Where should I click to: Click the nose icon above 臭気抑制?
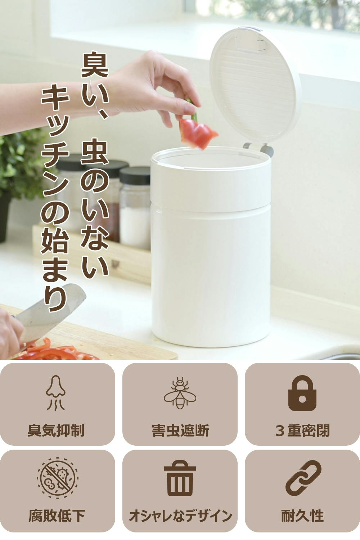click(x=56, y=393)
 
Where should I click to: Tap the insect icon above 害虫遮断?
click(x=180, y=393)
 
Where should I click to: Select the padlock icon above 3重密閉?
click(x=302, y=393)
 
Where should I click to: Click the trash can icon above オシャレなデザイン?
click(x=180, y=478)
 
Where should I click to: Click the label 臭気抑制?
click(x=56, y=431)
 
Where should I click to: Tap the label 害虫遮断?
click(x=180, y=431)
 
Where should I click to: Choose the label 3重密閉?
click(x=302, y=431)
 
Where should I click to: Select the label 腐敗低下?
click(x=57, y=516)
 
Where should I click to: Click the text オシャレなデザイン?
click(x=180, y=516)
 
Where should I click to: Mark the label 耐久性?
click(x=302, y=516)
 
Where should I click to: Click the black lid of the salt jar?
click(x=135, y=176)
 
